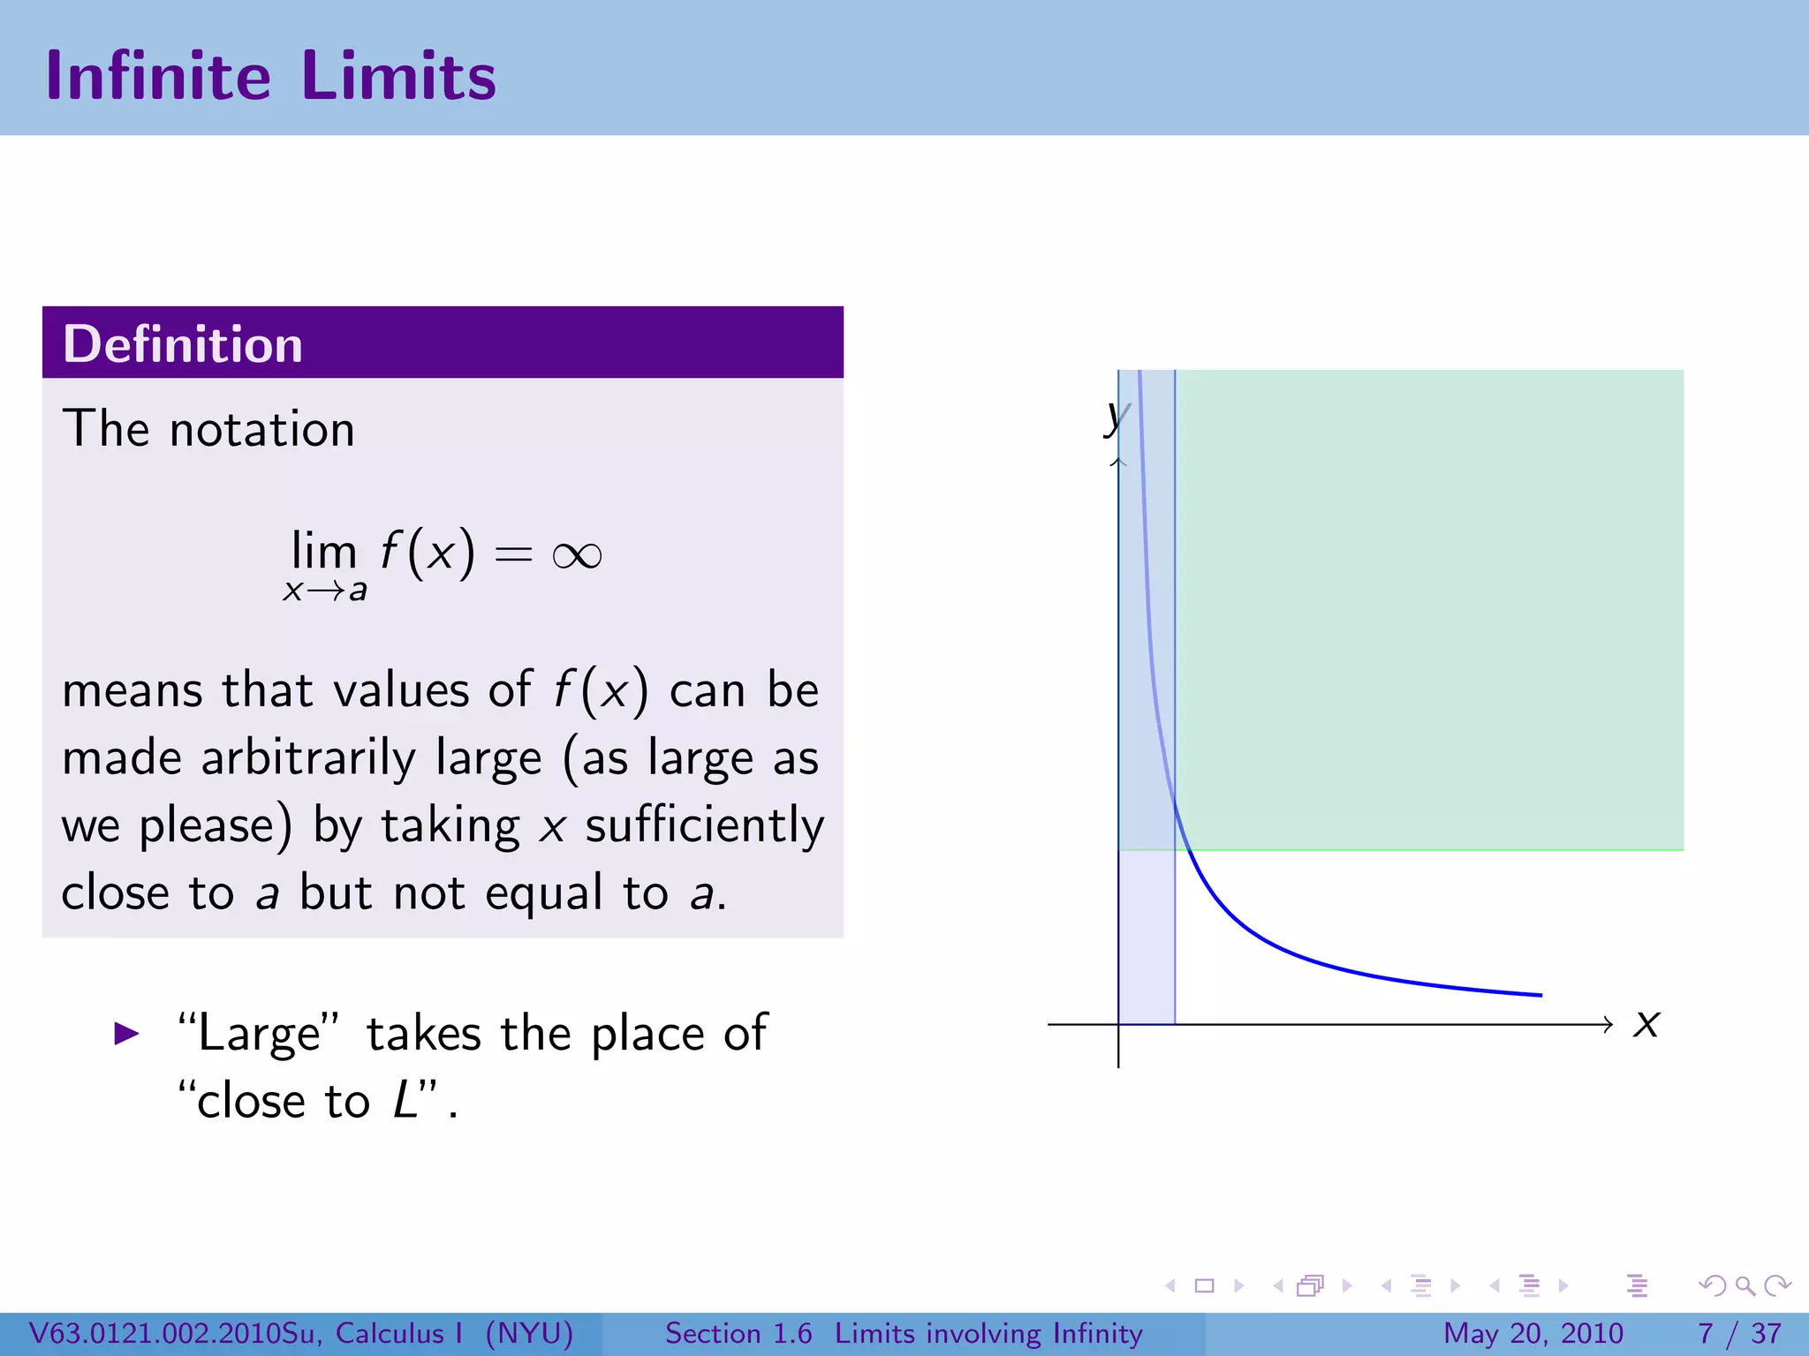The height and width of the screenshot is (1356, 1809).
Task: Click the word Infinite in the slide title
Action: coord(158,77)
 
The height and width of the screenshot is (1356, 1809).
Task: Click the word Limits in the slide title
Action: coord(398,77)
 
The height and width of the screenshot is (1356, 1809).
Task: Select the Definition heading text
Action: coord(183,344)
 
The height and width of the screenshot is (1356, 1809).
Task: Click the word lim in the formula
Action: coord(323,552)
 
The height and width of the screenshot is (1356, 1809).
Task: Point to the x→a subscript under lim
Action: coord(324,591)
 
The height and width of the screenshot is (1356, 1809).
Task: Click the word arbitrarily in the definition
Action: coord(308,758)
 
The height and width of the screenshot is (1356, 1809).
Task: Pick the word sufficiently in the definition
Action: coord(704,826)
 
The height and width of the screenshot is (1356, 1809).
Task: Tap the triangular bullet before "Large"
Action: coord(127,1034)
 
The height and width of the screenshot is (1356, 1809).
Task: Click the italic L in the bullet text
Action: coord(405,1101)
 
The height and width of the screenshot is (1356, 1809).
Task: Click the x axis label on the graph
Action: coord(1646,1024)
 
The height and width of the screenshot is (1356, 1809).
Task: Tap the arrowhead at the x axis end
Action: coord(1608,1024)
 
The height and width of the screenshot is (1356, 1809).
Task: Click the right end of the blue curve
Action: coord(1540,995)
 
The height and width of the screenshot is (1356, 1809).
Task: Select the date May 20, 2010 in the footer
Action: coord(1533,1333)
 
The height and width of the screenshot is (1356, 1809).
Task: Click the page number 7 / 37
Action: coord(1739,1333)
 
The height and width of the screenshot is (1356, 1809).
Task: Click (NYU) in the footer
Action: coord(529,1333)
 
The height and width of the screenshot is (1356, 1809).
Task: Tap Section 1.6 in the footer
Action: coord(738,1333)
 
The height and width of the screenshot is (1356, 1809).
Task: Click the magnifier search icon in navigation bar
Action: coord(1745,1286)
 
